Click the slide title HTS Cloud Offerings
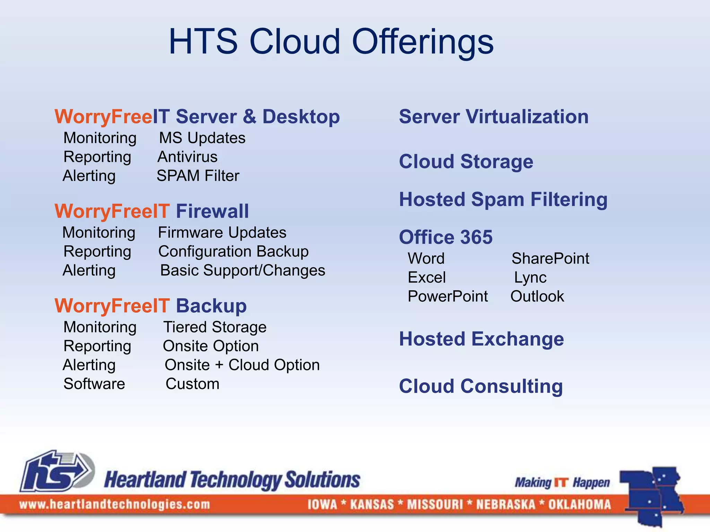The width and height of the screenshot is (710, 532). (x=331, y=42)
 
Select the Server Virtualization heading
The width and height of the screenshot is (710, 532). (x=494, y=117)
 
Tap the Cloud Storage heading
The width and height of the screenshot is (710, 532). (x=466, y=162)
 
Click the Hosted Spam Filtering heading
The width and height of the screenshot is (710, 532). (x=503, y=200)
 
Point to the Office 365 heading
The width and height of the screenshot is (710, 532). (x=445, y=237)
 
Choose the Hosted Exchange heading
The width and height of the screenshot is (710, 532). (x=481, y=339)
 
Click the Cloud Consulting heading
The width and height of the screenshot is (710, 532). (x=480, y=387)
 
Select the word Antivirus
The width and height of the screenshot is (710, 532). (x=188, y=157)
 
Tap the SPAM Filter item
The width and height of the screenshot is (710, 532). (x=198, y=176)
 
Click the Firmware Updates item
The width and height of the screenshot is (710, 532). (x=222, y=233)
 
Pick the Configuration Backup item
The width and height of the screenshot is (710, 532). (x=233, y=251)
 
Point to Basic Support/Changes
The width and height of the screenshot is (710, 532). (x=243, y=271)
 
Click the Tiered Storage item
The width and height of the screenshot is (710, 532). (x=215, y=327)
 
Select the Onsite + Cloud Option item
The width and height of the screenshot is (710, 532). (x=242, y=365)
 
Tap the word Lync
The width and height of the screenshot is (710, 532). (x=530, y=278)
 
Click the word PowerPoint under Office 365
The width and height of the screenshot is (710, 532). (x=448, y=296)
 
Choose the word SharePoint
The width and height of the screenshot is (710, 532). (x=550, y=259)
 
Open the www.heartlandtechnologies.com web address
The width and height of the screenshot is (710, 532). (x=114, y=505)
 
